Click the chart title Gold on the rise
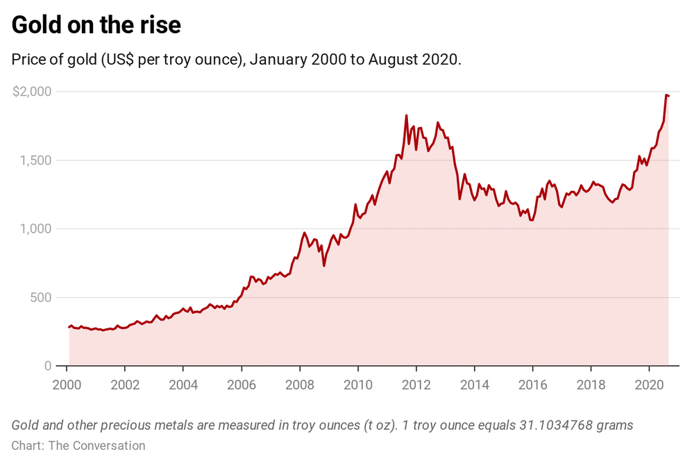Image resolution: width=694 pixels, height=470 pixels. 96,25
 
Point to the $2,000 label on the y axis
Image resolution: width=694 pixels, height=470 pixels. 32,92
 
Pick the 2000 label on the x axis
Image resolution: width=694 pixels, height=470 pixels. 67,385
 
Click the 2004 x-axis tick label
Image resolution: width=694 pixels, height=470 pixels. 183,385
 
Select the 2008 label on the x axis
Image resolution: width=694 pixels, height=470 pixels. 299,385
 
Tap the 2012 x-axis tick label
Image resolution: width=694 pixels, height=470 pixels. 416,385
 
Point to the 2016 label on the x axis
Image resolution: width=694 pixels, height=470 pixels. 532,385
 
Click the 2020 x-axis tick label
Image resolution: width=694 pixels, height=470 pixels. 648,385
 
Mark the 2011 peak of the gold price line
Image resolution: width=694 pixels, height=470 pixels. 406,115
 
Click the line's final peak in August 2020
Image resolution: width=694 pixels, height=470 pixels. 666,95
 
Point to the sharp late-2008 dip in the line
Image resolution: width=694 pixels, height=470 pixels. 324,265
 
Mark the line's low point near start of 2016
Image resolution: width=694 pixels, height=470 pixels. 531,220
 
